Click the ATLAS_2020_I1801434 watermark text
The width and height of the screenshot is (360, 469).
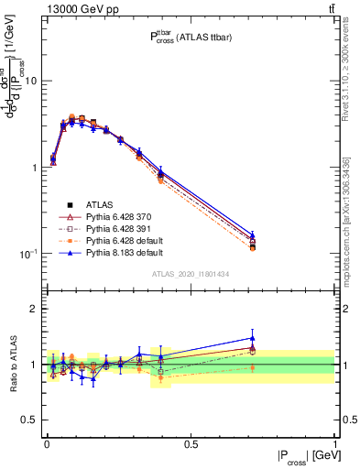tap(190, 274)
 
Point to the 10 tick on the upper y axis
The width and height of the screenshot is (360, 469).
tap(30, 82)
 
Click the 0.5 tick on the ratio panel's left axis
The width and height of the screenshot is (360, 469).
tap(31, 420)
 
